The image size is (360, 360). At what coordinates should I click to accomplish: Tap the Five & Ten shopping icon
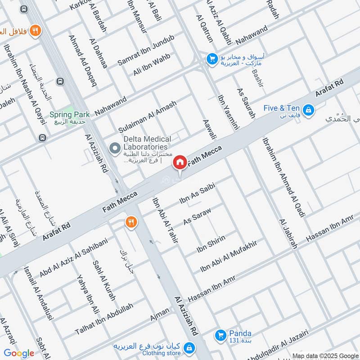(x=308, y=109)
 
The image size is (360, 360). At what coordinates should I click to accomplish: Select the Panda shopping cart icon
(x=220, y=335)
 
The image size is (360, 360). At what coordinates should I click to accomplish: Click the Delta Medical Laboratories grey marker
(x=115, y=147)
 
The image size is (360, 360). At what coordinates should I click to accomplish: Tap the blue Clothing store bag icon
(x=190, y=348)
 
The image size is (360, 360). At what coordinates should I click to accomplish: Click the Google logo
(x=19, y=353)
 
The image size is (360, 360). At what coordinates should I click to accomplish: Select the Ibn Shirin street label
(x=211, y=243)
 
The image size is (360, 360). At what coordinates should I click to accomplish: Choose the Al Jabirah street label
(x=288, y=234)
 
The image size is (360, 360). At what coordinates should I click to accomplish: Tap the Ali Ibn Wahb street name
(x=152, y=66)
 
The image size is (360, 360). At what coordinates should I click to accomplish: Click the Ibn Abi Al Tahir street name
(x=165, y=220)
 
